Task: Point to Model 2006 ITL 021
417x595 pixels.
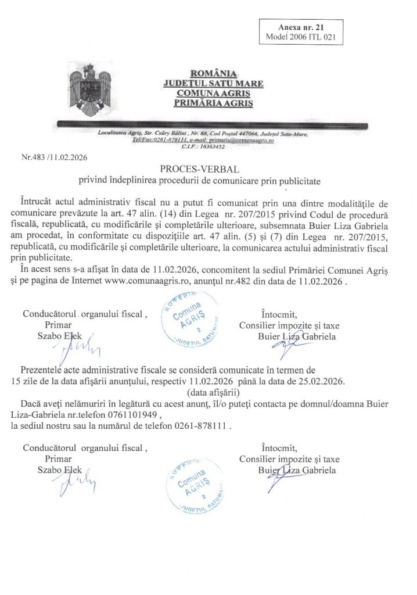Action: click(300, 37)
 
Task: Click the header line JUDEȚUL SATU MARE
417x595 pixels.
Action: click(212, 84)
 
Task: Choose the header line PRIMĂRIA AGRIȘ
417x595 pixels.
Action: click(212, 103)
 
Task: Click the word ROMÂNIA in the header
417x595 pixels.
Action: click(212, 74)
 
